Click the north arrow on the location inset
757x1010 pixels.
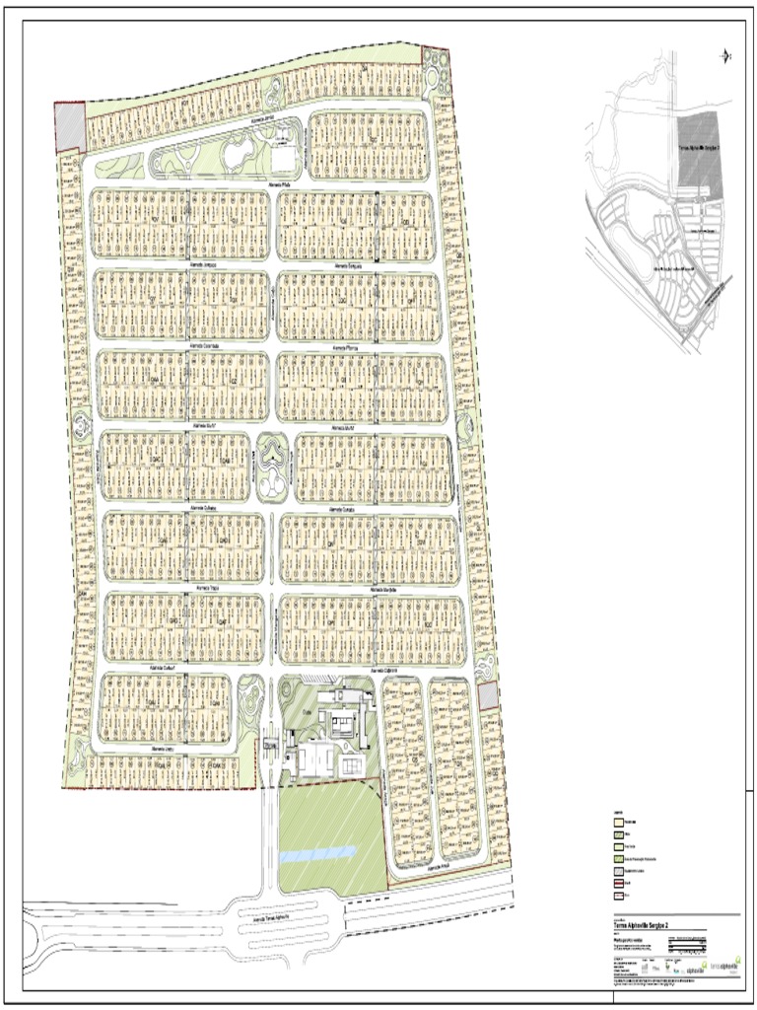tap(726, 55)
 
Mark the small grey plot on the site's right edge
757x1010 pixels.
tap(488, 696)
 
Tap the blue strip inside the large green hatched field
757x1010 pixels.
tap(316, 849)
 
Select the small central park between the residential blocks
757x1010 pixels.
tap(271, 467)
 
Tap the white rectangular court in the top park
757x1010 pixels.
tap(283, 160)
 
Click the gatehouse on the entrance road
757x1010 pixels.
tap(269, 747)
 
